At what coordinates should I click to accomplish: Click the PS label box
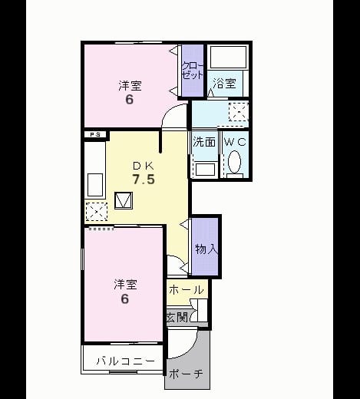coord(95,134)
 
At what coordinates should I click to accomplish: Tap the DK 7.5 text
coord(144,173)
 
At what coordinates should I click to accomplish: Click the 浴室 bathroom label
coord(224,83)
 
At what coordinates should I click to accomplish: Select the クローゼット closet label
coord(193,71)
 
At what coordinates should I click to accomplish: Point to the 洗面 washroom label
coord(204,142)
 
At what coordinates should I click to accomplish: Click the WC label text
coord(235,142)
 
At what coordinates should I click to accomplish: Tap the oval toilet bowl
coord(234,162)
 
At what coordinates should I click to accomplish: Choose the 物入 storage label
coord(206,249)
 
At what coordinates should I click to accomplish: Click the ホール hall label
coord(187,290)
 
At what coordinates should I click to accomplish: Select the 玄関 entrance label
coord(177,317)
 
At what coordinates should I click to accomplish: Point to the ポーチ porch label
coord(186,374)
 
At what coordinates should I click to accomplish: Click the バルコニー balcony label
coord(126,361)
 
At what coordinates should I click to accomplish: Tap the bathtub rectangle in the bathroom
coord(228,57)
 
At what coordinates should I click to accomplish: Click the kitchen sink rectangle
coord(95,185)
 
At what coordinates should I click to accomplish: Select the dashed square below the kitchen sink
coord(97,212)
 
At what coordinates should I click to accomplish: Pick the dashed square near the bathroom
coord(239,111)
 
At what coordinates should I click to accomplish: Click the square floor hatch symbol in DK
coord(124,200)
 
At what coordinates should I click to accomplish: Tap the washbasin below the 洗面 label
coord(205,170)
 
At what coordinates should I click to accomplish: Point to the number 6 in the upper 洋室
coord(130,99)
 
